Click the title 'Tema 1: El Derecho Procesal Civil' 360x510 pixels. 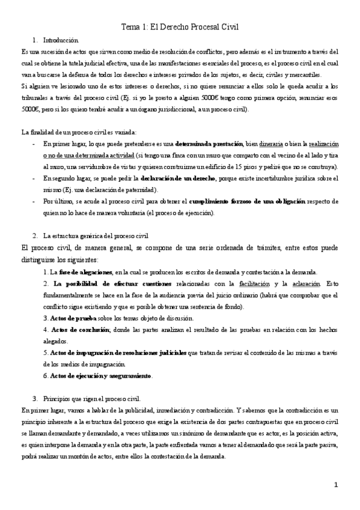(x=180, y=27)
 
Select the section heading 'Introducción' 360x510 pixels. (x=61, y=40)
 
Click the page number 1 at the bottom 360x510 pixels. (x=337, y=484)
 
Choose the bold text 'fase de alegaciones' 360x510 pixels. (x=85, y=272)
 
